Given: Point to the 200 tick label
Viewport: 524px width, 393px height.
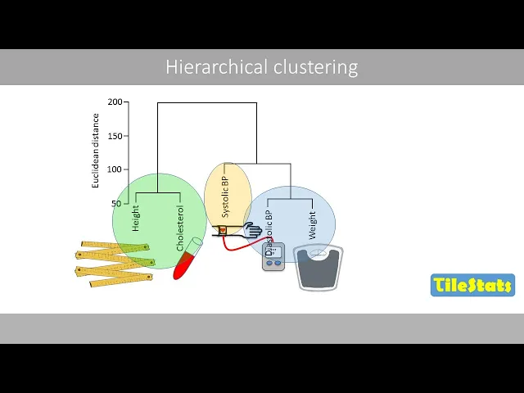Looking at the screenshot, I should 114,102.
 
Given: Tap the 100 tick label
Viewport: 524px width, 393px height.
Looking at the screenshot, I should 114,169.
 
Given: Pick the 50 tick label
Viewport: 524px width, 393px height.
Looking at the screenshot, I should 116,203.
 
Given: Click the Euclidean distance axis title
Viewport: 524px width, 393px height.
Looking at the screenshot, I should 96,151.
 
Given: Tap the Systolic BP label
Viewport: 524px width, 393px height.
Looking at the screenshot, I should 226,196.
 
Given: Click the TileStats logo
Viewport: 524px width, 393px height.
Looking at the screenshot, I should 472,285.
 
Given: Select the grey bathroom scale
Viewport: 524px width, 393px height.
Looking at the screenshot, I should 318,267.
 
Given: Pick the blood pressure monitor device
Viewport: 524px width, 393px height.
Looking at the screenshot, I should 273,256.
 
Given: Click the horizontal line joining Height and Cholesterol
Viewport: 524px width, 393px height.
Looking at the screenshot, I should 158,192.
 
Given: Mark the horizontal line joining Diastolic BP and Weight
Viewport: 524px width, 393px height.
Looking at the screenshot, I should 290,199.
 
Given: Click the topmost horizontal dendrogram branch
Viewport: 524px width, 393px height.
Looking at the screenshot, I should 207,103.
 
